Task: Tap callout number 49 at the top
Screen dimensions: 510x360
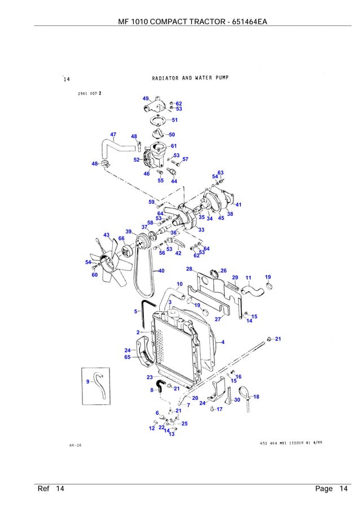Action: pos(146,98)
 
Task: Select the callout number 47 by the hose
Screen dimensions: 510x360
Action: pos(113,134)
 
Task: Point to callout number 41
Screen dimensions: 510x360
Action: pos(239,204)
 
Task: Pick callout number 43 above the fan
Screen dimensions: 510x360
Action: pos(106,234)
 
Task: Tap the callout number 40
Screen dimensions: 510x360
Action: pos(161,271)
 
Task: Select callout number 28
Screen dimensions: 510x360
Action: pos(189,269)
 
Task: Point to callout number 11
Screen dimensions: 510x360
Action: pos(248,277)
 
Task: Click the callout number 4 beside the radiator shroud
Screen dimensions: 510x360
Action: pos(223,342)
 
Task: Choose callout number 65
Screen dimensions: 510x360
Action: pos(128,357)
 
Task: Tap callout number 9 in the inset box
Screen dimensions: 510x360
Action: pos(88,382)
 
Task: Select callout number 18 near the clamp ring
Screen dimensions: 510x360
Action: pos(256,396)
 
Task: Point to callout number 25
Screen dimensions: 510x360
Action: pos(185,423)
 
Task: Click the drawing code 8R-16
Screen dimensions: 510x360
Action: pos(76,445)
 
